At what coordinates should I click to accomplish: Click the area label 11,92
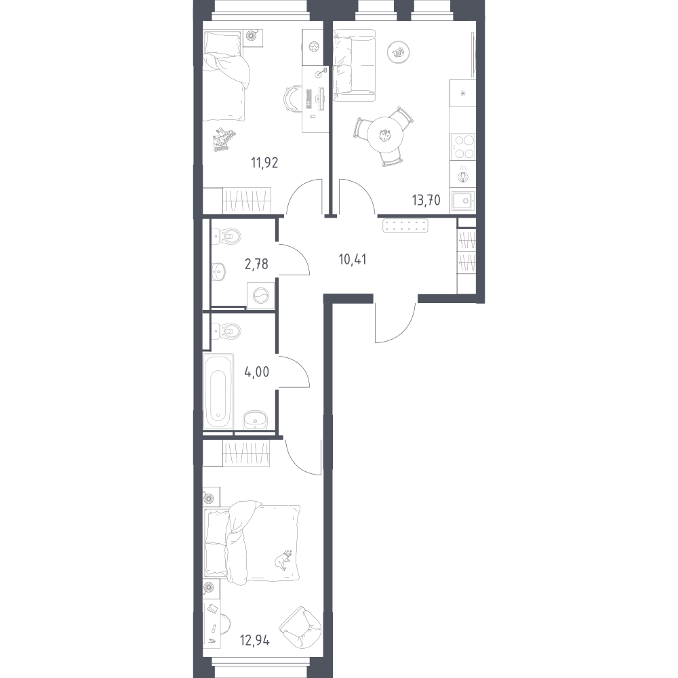pyautogui.click(x=264, y=163)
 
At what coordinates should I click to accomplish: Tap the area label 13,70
pyautogui.click(x=426, y=200)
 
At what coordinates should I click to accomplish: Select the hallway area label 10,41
pyautogui.click(x=353, y=260)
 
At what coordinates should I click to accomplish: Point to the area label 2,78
pyautogui.click(x=256, y=263)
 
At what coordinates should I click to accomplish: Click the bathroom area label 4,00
pyautogui.click(x=257, y=372)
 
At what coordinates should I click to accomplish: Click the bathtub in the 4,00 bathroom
pyautogui.click(x=218, y=391)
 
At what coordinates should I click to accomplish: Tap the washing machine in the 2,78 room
pyautogui.click(x=261, y=296)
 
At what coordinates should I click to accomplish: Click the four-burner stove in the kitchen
pyautogui.click(x=462, y=146)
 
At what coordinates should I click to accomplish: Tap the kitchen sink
pyautogui.click(x=462, y=201)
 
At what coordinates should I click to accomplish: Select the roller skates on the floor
pyautogui.click(x=224, y=139)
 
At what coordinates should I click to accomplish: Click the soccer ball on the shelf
pyautogui.click(x=313, y=46)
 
